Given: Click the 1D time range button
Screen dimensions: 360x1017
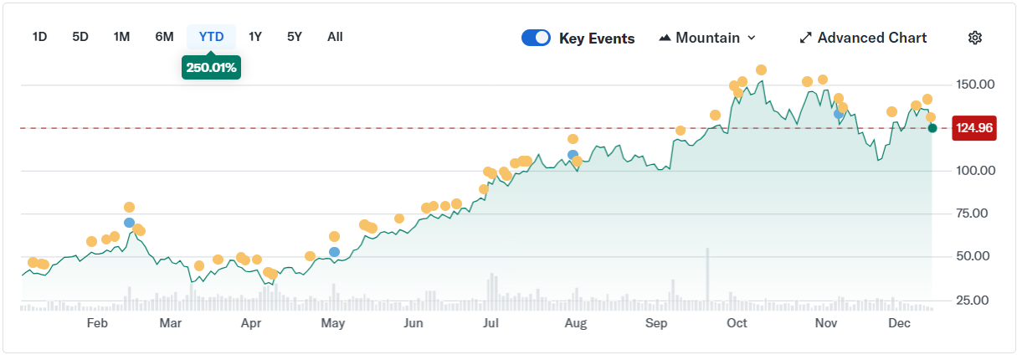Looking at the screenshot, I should click(39, 37).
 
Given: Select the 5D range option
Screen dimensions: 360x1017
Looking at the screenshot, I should click(80, 37).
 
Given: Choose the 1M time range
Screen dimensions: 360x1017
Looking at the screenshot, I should click(121, 37).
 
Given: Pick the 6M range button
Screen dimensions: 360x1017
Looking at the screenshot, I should click(164, 37).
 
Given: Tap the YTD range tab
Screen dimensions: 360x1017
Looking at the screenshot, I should click(211, 37).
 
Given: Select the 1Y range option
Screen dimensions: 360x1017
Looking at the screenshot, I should click(255, 37).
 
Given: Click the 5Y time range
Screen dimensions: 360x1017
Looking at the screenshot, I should click(294, 37).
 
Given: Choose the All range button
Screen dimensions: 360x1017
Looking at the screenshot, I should click(335, 37).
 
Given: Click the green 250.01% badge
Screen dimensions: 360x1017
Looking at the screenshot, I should click(211, 67).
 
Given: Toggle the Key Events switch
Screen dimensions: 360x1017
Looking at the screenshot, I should click(536, 38).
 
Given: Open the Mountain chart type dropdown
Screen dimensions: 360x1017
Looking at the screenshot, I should click(707, 38).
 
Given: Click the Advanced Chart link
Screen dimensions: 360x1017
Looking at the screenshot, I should click(863, 38).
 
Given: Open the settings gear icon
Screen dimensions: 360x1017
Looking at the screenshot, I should click(974, 38).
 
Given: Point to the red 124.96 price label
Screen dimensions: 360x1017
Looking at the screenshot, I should click(974, 128).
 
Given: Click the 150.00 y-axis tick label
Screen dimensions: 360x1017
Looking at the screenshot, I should click(974, 85).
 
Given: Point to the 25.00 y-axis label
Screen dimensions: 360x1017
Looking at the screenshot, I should click(974, 300).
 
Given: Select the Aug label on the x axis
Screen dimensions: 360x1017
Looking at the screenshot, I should click(575, 323).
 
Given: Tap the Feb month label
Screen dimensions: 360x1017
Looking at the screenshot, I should click(98, 323).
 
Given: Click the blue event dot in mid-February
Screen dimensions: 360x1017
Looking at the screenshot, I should click(129, 223).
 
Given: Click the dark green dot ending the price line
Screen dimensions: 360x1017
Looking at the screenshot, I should click(932, 128).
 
